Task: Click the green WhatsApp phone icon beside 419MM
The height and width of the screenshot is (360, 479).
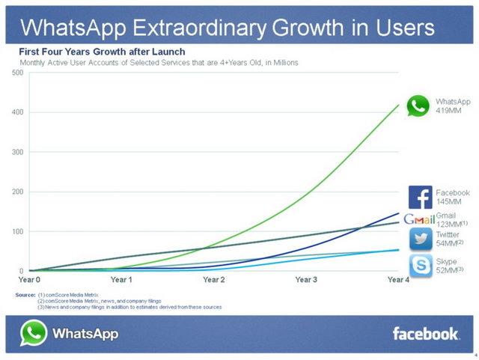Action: pos(418,106)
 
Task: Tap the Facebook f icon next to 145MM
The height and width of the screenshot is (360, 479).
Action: pos(420,197)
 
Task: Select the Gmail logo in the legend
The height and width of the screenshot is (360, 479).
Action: pos(418,219)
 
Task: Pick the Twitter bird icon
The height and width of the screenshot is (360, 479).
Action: pos(420,239)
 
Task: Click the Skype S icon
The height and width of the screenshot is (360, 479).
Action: pos(420,266)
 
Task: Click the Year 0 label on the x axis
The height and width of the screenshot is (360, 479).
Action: pos(29,280)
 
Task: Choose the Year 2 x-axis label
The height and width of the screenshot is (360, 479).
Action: pos(214,280)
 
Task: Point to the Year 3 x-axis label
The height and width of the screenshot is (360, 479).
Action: pos(306,280)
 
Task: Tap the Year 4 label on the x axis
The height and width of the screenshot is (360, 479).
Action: pos(397,280)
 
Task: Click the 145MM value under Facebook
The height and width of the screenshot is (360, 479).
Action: pos(448,201)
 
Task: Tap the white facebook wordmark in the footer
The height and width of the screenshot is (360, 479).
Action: pos(426,334)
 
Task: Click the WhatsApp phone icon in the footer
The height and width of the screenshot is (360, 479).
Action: pos(33,333)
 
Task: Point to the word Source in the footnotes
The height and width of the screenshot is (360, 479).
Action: pos(25,295)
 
